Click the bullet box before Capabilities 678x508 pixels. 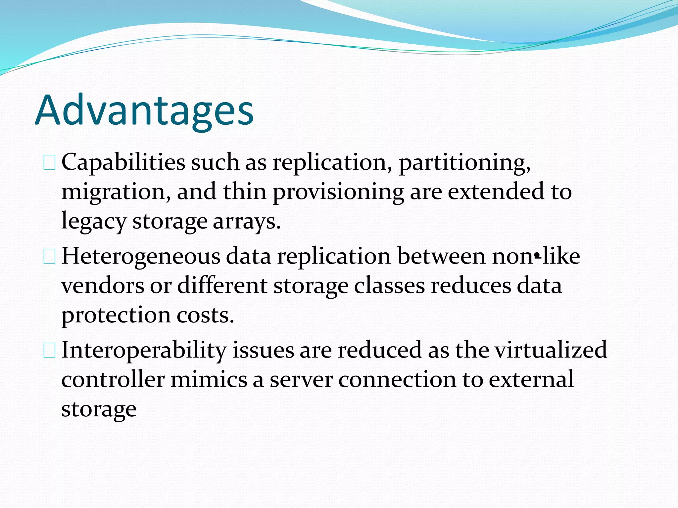coord(49,163)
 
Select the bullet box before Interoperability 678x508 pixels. coord(49,351)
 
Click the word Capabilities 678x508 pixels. coord(123,163)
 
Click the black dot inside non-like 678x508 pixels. coord(537,256)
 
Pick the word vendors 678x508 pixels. coord(103,286)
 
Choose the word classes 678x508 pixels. coord(389,286)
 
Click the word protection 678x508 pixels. coord(116,315)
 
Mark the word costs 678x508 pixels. coord(205,315)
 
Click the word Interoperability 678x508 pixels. coord(144,351)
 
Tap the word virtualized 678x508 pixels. coord(551,350)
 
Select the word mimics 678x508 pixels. coord(209,380)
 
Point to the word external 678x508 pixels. coord(531,380)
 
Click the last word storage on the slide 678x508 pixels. coord(99,409)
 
